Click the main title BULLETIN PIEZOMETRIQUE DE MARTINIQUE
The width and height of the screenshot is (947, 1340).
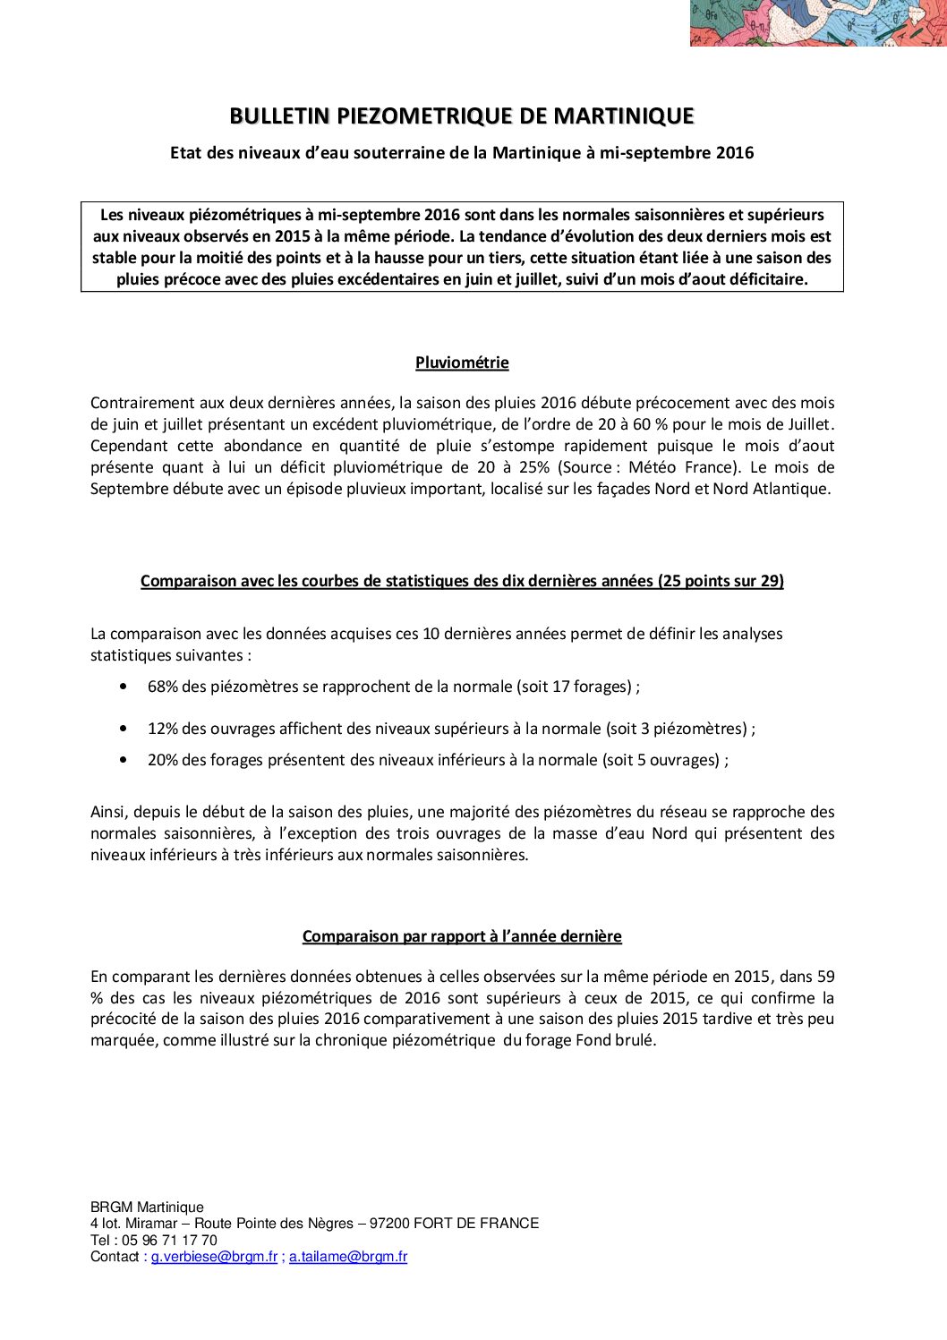462,116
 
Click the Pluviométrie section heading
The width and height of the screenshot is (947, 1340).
462,363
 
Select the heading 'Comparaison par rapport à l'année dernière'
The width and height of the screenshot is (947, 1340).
462,936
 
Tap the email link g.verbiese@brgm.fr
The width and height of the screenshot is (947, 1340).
214,1257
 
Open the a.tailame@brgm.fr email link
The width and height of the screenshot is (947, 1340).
348,1257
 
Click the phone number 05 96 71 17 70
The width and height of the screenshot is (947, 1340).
169,1241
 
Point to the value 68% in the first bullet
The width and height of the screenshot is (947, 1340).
163,687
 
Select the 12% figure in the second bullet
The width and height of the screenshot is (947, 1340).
163,729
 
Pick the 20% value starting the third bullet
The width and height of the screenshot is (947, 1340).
163,760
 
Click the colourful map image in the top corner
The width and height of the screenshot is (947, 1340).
817,22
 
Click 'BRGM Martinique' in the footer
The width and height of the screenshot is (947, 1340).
147,1208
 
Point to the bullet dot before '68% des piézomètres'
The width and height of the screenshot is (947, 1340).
123,687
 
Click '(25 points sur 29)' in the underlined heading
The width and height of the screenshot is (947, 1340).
721,581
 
